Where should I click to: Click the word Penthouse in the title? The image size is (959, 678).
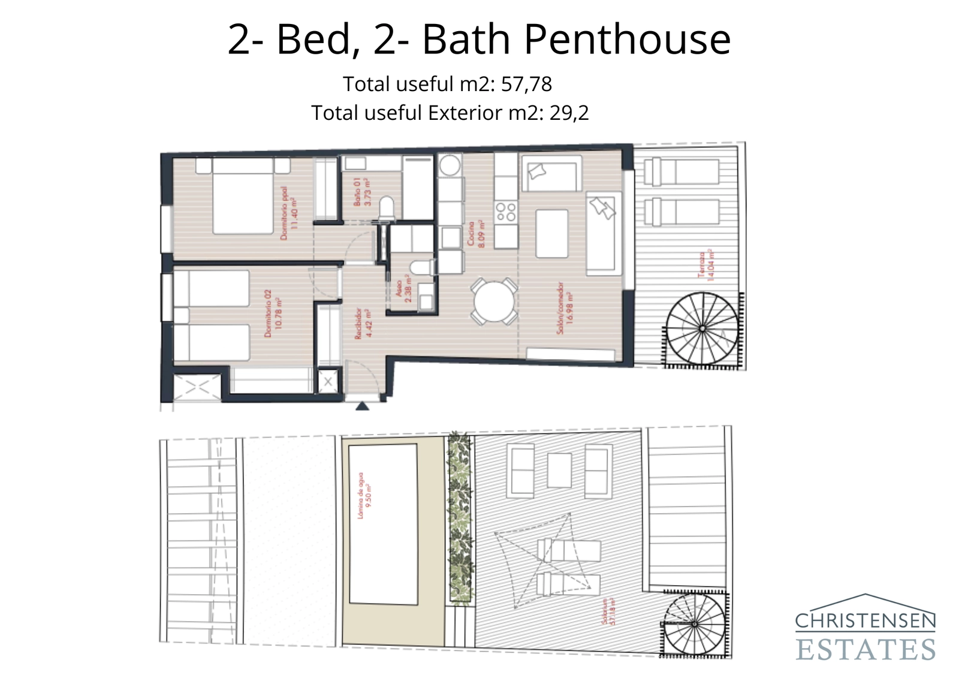coord(627,40)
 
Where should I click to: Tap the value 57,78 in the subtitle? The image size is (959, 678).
coord(526,85)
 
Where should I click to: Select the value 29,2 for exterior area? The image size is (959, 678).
coord(569,113)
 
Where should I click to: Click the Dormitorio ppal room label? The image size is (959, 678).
coord(288,213)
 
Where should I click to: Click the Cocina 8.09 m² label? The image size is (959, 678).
coord(477,234)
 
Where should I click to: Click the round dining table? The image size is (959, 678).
coord(493,302)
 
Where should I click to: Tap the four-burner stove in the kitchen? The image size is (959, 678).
coord(505,212)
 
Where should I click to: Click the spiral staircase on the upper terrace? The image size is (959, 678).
coord(702,329)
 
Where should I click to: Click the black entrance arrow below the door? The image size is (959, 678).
coord(362,406)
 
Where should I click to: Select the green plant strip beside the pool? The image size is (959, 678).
coord(460,519)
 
